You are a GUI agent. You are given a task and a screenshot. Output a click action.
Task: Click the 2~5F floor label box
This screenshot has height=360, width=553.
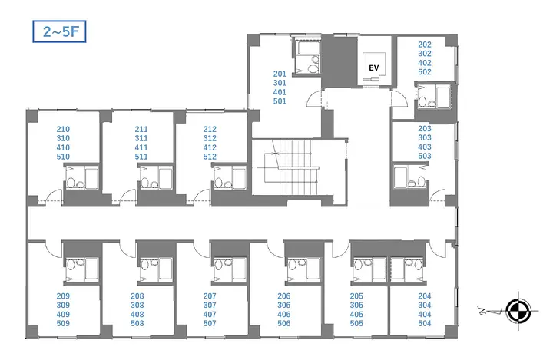[x=59, y=31]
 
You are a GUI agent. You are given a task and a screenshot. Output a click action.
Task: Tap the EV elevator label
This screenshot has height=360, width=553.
[x=374, y=68]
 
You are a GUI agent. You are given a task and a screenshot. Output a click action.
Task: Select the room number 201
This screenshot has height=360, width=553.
[x=280, y=74]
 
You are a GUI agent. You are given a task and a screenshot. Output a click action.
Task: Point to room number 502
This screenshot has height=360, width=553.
[x=425, y=72]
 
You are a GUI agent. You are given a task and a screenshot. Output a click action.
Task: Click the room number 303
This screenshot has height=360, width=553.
[x=425, y=138]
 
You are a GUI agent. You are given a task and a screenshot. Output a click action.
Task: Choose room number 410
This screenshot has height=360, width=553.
[x=63, y=147]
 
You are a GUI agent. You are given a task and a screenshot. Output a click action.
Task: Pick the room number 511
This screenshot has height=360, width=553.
[x=141, y=157]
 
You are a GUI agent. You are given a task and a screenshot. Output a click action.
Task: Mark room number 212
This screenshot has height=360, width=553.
[x=210, y=130]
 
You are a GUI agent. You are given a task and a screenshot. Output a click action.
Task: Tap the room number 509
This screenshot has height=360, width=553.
[x=63, y=324]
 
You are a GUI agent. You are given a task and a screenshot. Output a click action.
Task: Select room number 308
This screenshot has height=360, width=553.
[x=137, y=306]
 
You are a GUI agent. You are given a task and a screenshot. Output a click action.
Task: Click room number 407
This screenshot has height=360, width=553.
[x=210, y=315]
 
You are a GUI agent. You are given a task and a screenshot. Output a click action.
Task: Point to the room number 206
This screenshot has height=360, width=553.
[x=284, y=296]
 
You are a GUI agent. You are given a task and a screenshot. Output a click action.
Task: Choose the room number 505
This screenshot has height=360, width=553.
[x=356, y=324]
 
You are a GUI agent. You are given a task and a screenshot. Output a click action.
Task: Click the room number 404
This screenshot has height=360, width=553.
[x=425, y=315]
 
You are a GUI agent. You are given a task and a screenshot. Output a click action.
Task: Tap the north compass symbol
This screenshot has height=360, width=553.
[x=518, y=311]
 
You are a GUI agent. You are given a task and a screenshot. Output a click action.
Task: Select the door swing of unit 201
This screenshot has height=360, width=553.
[x=316, y=98]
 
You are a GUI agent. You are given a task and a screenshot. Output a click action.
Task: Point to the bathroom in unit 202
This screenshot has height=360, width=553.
[x=433, y=96]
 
